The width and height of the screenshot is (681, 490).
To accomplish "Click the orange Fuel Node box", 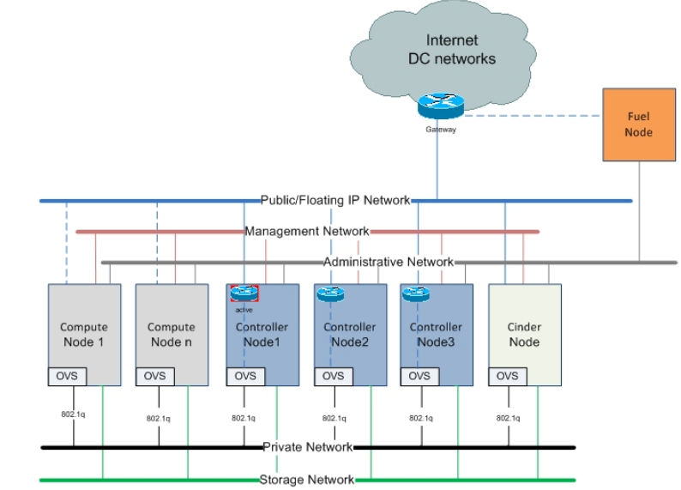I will pyautogui.click(x=639, y=124).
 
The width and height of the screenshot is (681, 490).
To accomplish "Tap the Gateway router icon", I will pyautogui.click(x=441, y=106).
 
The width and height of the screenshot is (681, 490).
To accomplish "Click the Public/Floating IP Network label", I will pyautogui.click(x=335, y=200).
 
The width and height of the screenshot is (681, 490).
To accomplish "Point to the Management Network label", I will pyautogui.click(x=306, y=231).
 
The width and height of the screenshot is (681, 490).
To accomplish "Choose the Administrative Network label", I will pyautogui.click(x=388, y=262).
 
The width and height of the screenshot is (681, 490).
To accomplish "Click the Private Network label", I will pyautogui.click(x=307, y=447).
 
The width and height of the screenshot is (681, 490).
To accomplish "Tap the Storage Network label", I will pyautogui.click(x=306, y=480).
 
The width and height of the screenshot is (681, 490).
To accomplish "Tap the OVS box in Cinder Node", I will pyautogui.click(x=507, y=376).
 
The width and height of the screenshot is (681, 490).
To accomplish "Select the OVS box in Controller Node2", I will pyautogui.click(x=333, y=376).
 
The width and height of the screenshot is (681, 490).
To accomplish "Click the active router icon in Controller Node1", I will pyautogui.click(x=244, y=293).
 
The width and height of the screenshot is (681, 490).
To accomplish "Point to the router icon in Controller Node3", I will pyautogui.click(x=415, y=293).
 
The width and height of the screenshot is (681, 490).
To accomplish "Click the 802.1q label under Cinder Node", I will pyautogui.click(x=507, y=418).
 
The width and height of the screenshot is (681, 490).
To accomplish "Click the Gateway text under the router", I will pyautogui.click(x=441, y=130).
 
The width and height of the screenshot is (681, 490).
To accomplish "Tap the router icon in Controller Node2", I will pyautogui.click(x=329, y=293).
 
